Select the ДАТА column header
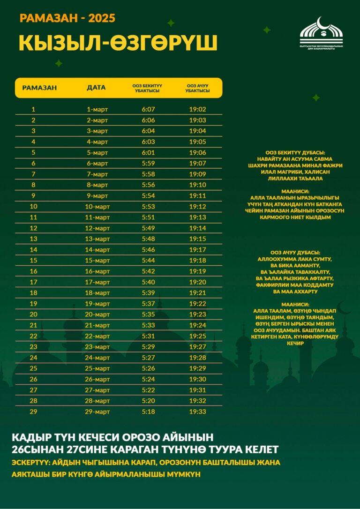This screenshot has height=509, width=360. pos(97,88)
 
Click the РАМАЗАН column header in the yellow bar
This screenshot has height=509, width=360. pos(39,88)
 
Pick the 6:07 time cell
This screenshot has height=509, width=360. pos(148,109)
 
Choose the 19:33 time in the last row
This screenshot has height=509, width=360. pos(197,412)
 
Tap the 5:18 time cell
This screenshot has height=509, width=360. pos(148,412)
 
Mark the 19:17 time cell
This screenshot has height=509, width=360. pos(197,250)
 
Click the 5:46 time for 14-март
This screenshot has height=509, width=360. pos(148,250)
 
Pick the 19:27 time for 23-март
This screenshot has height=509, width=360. pos(197,347)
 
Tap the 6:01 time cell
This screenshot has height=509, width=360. pos(148,153)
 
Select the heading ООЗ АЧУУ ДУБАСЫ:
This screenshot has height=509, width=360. pos(295,252)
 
